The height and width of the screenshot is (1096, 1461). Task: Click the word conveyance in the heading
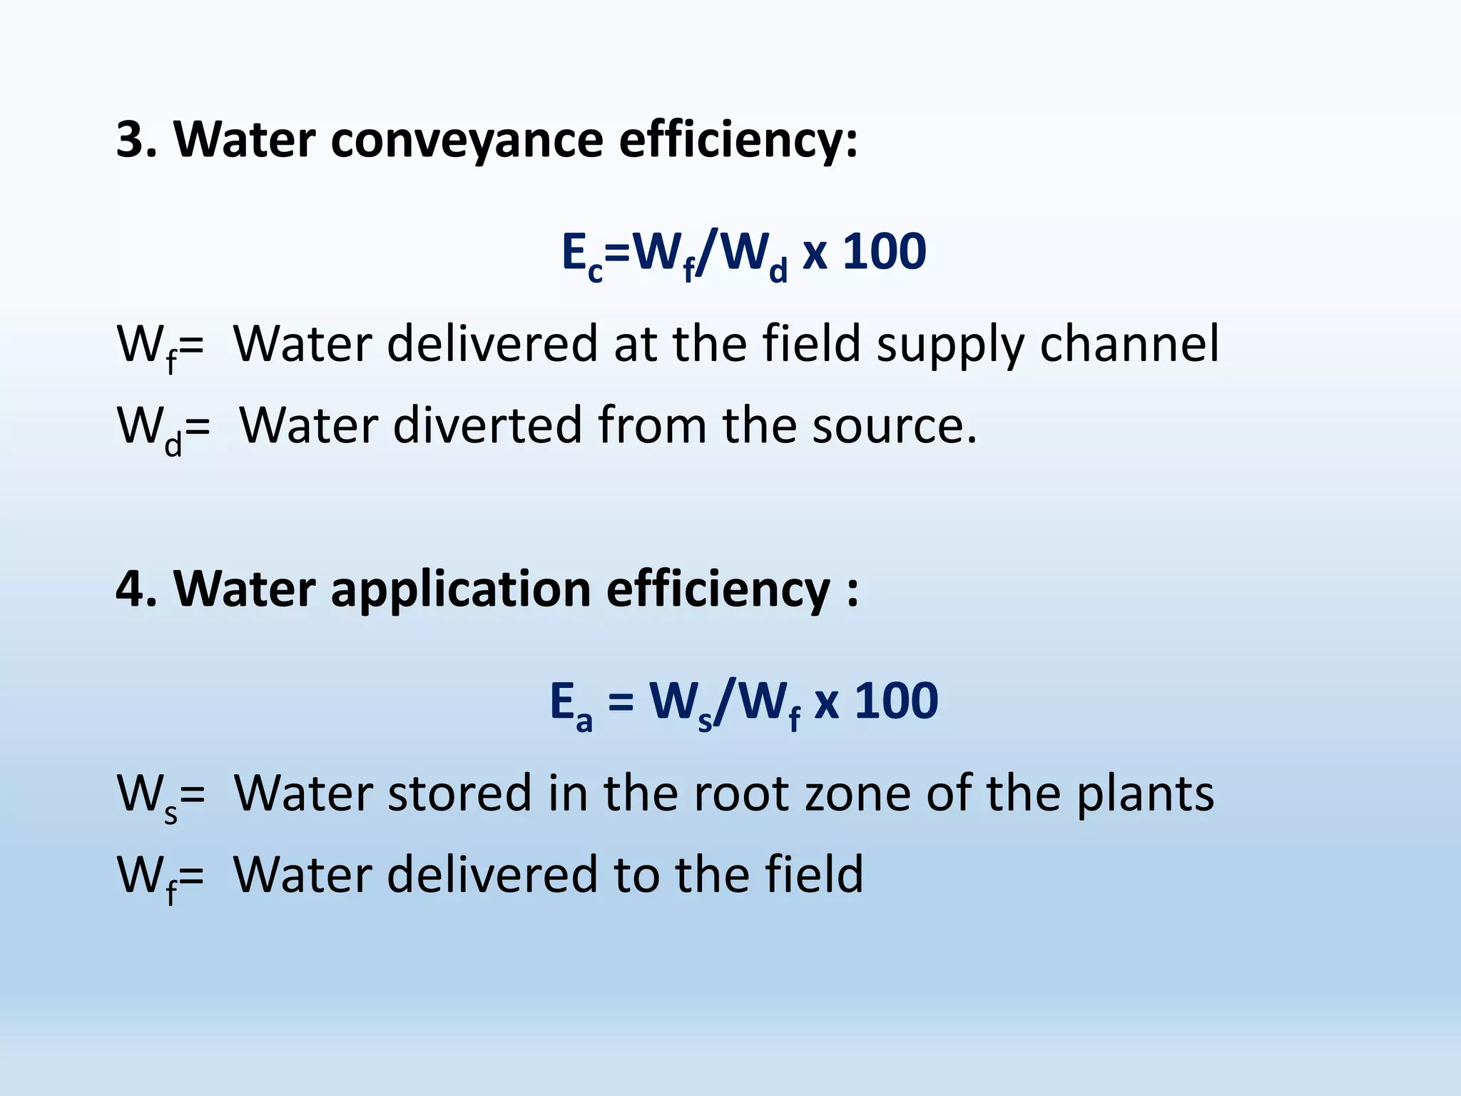(x=467, y=140)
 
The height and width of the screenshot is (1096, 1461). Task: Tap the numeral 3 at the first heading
(x=136, y=140)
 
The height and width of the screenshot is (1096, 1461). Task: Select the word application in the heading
(x=461, y=589)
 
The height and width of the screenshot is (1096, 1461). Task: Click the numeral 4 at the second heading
(x=136, y=589)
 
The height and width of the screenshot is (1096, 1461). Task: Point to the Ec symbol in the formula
(x=581, y=255)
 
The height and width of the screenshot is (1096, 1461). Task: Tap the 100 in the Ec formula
(x=885, y=253)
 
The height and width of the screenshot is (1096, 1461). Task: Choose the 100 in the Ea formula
(x=896, y=701)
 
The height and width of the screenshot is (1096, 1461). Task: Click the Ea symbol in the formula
(x=571, y=705)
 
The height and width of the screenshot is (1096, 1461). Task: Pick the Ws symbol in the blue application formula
(x=681, y=705)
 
